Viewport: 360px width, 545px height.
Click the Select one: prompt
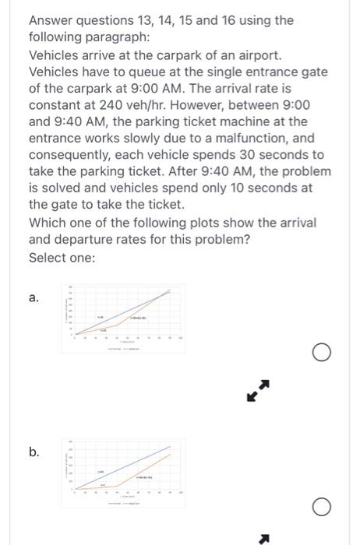point(62,258)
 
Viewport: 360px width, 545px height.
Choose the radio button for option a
point(320,354)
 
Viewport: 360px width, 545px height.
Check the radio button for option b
point(320,508)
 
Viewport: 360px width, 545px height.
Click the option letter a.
point(34,297)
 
